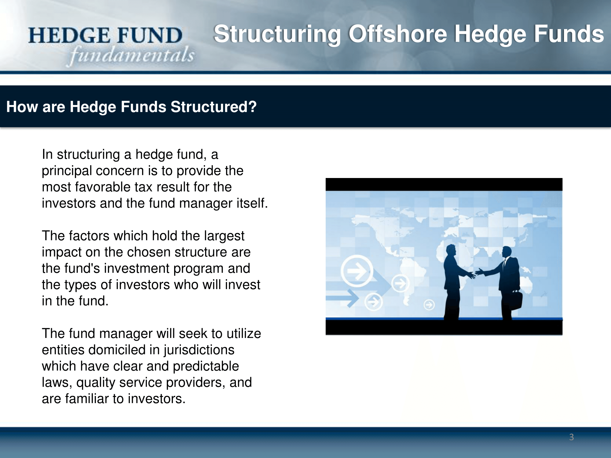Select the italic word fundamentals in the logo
click(x=132, y=55)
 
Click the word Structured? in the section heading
click(x=214, y=107)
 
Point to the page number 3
click(x=572, y=437)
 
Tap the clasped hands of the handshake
click(x=476, y=273)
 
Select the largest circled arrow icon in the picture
click(x=357, y=271)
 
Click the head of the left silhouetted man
click(x=451, y=251)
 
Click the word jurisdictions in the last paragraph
click(x=199, y=350)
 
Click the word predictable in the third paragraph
click(x=206, y=366)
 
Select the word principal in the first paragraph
click(x=67, y=171)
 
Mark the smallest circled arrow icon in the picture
click(x=429, y=304)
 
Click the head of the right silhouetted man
click(x=507, y=252)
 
